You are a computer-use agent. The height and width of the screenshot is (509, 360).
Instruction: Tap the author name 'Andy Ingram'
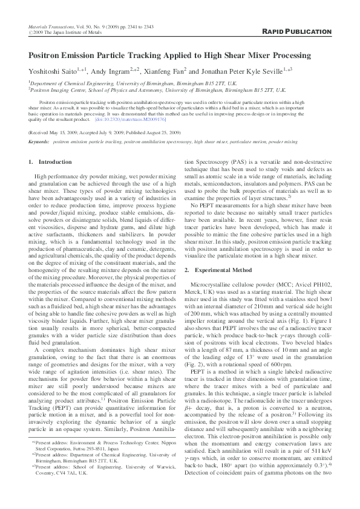pos(114,71)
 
